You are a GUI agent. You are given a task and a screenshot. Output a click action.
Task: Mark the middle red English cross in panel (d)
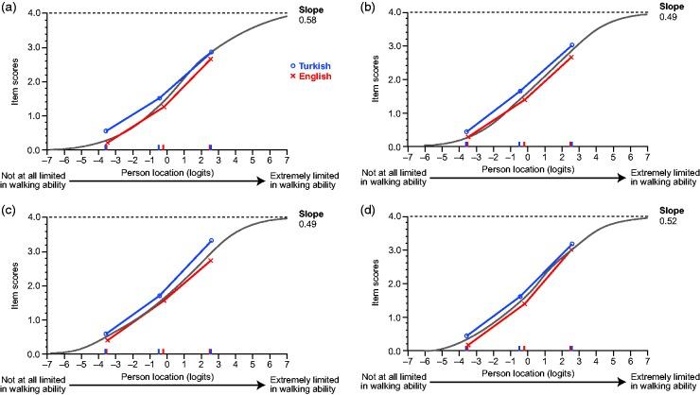pyautogui.click(x=524, y=303)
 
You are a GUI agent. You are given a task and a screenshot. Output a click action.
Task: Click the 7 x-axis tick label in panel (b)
pyautogui.click(x=648, y=158)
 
